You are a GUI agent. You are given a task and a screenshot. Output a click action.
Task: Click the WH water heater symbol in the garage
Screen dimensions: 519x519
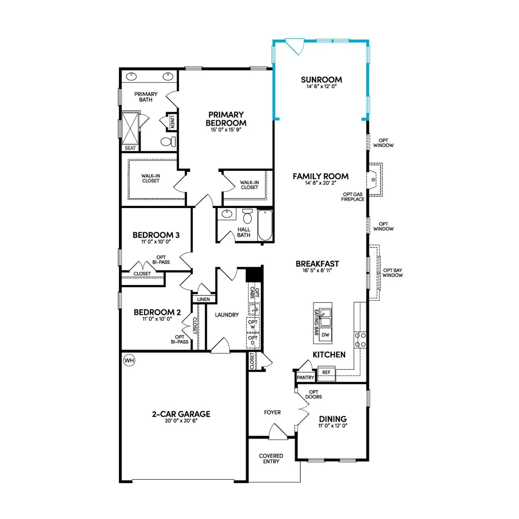coord(129,360)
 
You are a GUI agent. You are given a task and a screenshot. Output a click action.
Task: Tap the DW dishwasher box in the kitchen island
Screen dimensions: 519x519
coord(325,335)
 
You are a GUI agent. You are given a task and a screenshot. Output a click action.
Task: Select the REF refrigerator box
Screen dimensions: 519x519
coord(326,372)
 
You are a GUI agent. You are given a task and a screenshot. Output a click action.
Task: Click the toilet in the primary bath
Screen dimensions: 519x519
coord(168,142)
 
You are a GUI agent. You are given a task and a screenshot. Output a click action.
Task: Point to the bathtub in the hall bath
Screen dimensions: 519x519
coord(265,225)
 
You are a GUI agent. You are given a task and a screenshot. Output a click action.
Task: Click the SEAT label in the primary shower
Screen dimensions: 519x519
coord(130,148)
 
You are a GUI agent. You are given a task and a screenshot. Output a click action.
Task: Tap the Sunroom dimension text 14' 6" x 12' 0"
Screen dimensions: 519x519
coord(321,87)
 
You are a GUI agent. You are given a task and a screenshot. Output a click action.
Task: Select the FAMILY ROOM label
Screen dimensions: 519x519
coord(320,176)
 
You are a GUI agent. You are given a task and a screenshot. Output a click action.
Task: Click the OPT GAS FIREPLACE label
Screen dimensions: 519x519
coord(353,197)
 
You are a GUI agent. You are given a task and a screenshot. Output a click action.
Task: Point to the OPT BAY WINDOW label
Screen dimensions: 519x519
coord(392,273)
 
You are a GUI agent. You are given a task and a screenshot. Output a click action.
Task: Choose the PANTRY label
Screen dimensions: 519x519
coord(305,378)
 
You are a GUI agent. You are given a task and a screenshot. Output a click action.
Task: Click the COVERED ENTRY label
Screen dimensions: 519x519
coord(271,459)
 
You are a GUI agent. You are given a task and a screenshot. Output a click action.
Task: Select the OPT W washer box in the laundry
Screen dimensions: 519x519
coord(253,324)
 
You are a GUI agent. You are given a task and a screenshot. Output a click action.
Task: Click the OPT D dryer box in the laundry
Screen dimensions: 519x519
coord(253,340)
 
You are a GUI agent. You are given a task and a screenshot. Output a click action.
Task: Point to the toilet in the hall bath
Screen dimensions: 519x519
coord(247,216)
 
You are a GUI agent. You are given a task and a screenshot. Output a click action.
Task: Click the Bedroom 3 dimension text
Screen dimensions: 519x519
coord(156,242)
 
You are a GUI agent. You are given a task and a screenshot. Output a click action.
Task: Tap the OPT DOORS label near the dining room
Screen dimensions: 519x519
coord(313,394)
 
